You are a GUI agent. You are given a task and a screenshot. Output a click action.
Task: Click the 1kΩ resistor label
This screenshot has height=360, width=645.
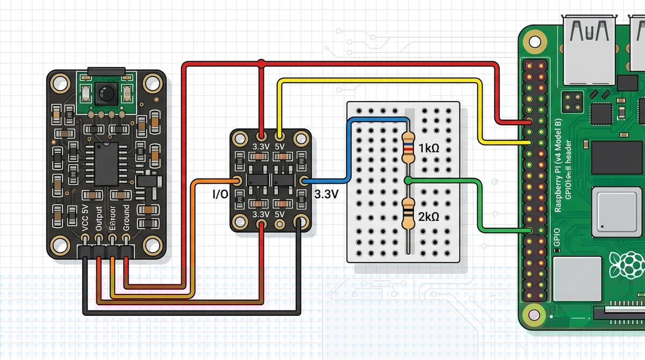tap(428, 147)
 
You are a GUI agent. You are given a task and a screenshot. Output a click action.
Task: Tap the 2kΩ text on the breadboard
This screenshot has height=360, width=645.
tap(428, 217)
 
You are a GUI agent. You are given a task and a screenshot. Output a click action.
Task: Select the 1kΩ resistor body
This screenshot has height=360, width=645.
tap(408, 148)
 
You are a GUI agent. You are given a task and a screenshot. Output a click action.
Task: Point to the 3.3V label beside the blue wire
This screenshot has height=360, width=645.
tap(326, 194)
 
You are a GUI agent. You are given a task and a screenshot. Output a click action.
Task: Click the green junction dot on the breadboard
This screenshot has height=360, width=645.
tap(408, 179)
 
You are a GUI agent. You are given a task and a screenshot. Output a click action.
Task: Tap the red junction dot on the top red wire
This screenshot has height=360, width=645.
tap(261, 64)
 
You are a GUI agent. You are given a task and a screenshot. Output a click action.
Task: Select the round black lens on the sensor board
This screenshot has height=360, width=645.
tap(105, 93)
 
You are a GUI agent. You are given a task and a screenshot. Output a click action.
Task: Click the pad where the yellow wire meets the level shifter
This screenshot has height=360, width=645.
tap(279, 136)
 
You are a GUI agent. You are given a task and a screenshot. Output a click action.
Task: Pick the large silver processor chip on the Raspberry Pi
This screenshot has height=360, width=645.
tap(617, 212)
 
